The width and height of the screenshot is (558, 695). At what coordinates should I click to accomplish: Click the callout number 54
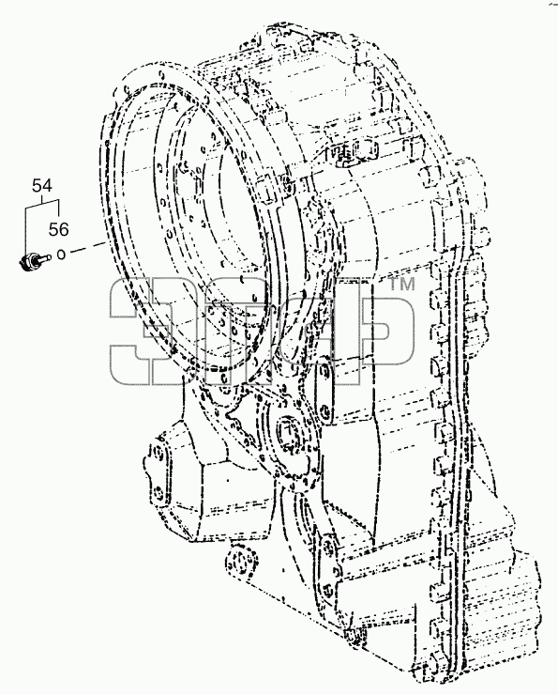pos(42,186)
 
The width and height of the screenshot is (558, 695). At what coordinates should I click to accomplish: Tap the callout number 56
pos(58,229)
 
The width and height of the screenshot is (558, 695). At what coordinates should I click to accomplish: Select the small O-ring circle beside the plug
pos(61,255)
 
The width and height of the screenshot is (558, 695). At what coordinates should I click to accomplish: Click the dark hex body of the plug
pos(29,262)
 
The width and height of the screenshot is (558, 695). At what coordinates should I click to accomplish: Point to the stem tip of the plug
pos(48,256)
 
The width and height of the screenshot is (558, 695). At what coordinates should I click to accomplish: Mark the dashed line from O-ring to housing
pos(88,248)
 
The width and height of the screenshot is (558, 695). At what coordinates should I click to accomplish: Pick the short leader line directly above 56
pos(59,210)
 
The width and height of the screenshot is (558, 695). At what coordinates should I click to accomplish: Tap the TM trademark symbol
pos(401,285)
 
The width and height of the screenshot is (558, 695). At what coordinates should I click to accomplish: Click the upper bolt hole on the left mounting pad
pos(157,452)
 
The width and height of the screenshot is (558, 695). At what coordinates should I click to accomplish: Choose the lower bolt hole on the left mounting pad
pos(158,491)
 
